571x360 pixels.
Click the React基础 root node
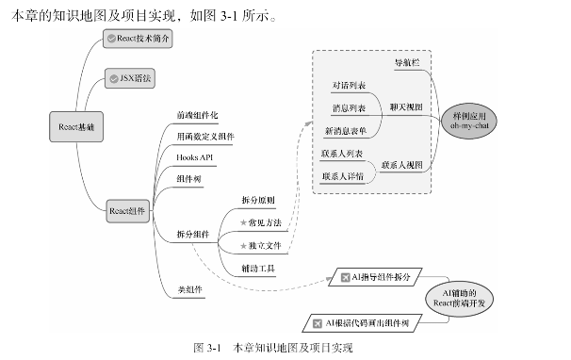click(x=76, y=125)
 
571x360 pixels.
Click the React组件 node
click(x=127, y=210)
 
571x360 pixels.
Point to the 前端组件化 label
click(x=197, y=115)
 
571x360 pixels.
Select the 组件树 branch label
click(x=188, y=178)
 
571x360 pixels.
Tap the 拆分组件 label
click(x=192, y=234)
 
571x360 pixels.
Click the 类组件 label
click(x=188, y=289)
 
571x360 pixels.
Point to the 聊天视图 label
click(x=406, y=107)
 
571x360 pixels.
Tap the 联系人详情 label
click(x=343, y=175)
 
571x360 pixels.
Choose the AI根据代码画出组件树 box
click(x=362, y=323)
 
